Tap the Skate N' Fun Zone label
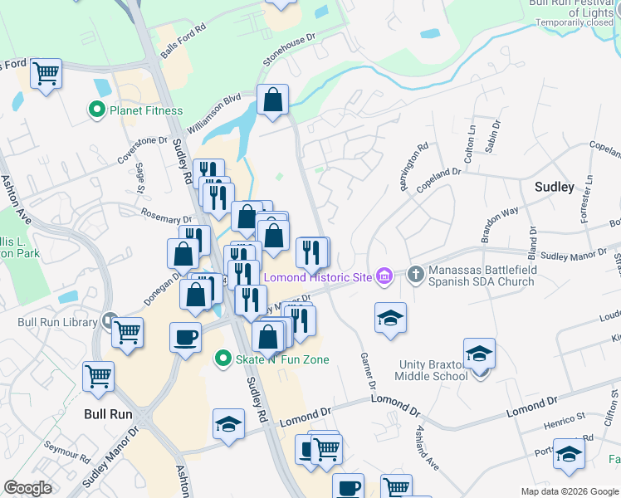[x=279, y=359]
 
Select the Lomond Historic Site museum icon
[x=384, y=276]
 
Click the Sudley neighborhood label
[x=555, y=187]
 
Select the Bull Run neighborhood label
[x=110, y=413]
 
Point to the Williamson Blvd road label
[x=213, y=113]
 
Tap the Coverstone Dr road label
[x=136, y=152]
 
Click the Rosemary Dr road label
[x=165, y=215]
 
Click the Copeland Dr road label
[x=438, y=178]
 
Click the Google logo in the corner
[x=27, y=488]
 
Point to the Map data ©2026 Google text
[x=568, y=491]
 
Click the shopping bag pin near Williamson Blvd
[x=272, y=100]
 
